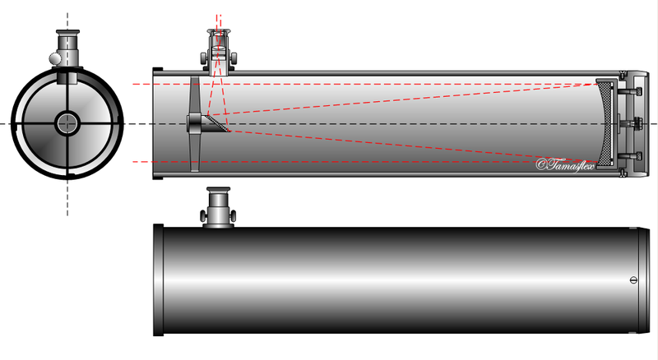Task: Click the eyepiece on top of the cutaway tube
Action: (x=218, y=37)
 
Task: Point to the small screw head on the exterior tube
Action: (x=633, y=279)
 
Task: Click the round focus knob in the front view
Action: (x=54, y=58)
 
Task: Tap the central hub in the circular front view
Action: (x=67, y=122)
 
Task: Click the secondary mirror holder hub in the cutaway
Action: (x=194, y=122)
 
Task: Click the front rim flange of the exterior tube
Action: (x=158, y=280)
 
